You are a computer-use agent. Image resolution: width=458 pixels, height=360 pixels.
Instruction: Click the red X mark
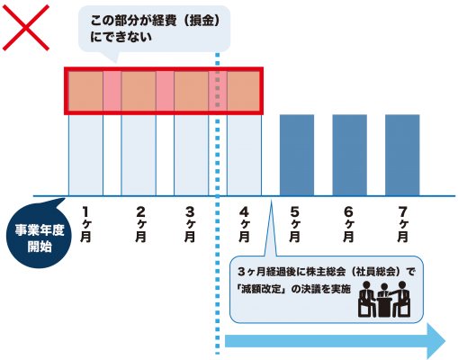pyautogui.click(x=26, y=28)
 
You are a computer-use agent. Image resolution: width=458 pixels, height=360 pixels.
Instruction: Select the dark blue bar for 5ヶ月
pyautogui.click(x=297, y=155)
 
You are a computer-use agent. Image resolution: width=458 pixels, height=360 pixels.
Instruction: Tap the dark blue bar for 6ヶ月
pyautogui.click(x=350, y=155)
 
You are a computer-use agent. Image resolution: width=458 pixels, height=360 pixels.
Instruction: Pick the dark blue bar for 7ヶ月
pyautogui.click(x=402, y=155)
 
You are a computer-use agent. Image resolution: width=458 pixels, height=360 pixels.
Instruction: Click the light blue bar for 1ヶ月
pyautogui.click(x=86, y=155)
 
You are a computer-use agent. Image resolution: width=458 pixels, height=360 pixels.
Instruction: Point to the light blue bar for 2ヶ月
pyautogui.click(x=139, y=155)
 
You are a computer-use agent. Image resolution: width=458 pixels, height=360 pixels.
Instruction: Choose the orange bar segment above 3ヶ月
pyautogui.click(x=191, y=91)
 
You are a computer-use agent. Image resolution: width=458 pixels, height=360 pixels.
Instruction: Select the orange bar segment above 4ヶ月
pyautogui.click(x=243, y=91)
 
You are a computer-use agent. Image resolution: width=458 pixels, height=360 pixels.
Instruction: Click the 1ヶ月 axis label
pyautogui.click(x=85, y=224)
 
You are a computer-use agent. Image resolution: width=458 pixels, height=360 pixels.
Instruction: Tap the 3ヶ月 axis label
pyautogui.click(x=190, y=224)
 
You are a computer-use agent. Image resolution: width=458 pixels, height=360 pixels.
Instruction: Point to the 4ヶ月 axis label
pyautogui.click(x=244, y=224)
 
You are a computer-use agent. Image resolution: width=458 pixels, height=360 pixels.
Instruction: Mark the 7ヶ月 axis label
pyautogui.click(x=403, y=224)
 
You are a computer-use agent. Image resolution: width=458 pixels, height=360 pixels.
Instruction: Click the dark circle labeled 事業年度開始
pyautogui.click(x=39, y=236)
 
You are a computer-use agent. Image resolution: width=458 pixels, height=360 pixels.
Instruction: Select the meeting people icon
pyautogui.click(x=384, y=300)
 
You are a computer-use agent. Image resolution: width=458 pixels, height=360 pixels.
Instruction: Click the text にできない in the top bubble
pyautogui.click(x=121, y=37)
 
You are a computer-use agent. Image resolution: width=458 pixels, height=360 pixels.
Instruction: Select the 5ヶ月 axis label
pyautogui.click(x=294, y=224)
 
